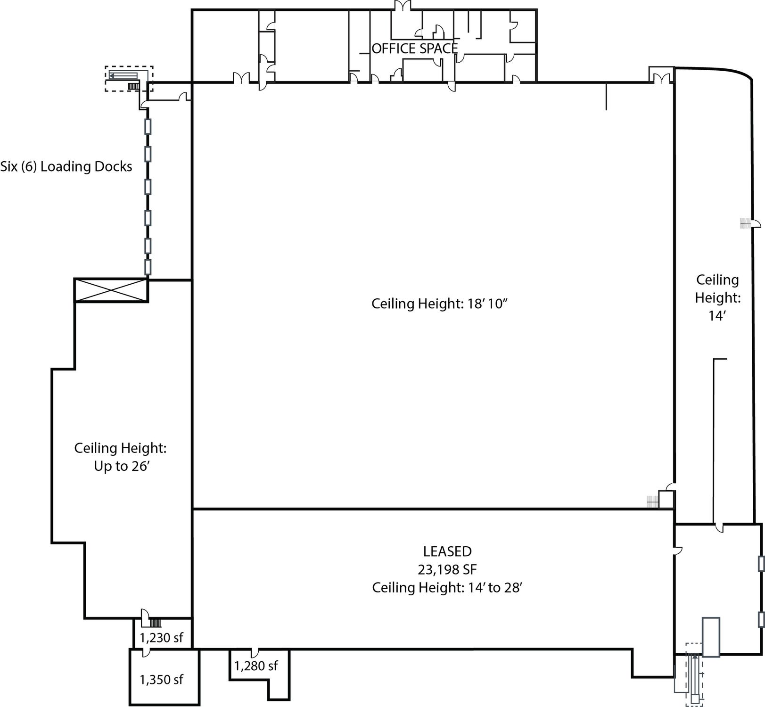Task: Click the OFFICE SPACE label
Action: pos(415,49)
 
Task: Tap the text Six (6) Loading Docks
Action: pos(66,166)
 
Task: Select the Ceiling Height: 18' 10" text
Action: pos(439,304)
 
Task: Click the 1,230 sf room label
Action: pos(162,638)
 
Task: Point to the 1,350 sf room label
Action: pos(162,680)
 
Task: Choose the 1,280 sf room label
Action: pos(256,666)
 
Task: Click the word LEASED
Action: pos(447,551)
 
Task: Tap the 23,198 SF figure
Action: pos(447,570)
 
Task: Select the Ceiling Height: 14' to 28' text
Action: pos(447,588)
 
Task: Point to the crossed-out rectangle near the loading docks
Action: pos(111,290)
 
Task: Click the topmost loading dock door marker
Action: pos(148,126)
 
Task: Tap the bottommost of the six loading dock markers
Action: pos(148,267)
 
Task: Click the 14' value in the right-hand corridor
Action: pos(716,316)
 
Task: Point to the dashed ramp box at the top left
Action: pos(129,78)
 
